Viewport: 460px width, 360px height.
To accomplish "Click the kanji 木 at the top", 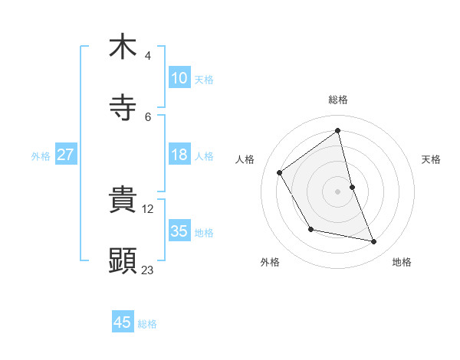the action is click(x=123, y=47).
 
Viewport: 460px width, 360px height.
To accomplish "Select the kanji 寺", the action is click(x=123, y=109).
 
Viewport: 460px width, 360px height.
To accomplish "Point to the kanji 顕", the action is click(x=123, y=261).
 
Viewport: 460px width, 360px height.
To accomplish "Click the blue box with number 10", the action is click(x=179, y=78).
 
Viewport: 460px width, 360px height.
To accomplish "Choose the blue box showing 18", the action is click(x=179, y=155).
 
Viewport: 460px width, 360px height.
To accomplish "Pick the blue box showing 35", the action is click(x=179, y=231).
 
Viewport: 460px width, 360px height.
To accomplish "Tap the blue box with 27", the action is click(x=65, y=155).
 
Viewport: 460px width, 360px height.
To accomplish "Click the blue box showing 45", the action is click(x=123, y=322).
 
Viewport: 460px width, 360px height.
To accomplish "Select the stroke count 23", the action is click(x=148, y=270).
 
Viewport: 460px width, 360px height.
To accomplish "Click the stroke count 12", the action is click(x=148, y=208).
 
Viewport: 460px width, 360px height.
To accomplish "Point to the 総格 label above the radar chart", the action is click(x=338, y=100).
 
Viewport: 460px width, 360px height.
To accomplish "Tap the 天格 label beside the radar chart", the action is click(x=432, y=159).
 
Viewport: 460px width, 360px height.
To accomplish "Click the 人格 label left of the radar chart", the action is click(x=245, y=159).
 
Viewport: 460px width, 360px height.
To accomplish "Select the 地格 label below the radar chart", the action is click(x=402, y=262).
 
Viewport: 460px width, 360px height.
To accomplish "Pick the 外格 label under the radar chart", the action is click(x=269, y=262).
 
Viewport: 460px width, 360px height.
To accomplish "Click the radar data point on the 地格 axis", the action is click(x=374, y=242).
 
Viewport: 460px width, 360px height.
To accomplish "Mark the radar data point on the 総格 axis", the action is click(x=338, y=131).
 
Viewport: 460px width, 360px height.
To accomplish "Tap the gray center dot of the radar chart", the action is click(x=338, y=191).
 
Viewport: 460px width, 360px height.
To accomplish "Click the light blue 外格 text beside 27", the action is click(x=41, y=155).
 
